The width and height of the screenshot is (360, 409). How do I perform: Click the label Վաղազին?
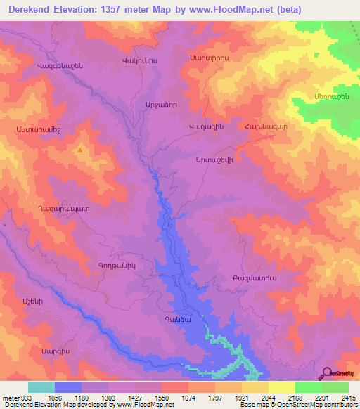point(206,125)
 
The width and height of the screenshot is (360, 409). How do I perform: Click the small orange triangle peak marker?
point(81,150)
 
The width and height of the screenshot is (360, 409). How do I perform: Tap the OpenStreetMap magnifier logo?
point(328,373)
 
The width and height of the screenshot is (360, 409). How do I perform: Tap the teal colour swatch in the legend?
point(41,387)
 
